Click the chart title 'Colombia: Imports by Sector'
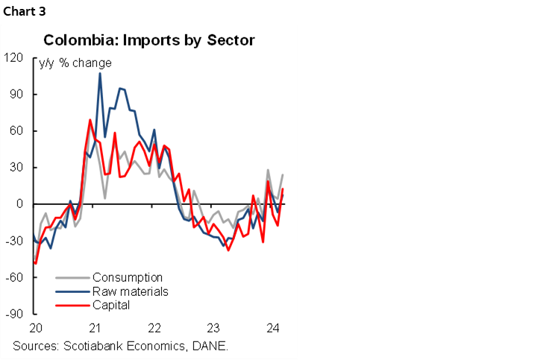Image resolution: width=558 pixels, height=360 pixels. [x=149, y=40]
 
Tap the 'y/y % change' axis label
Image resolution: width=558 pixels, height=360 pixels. [x=75, y=63]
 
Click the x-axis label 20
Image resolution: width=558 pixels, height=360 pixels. [x=36, y=328]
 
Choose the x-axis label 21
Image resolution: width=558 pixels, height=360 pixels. [x=95, y=328]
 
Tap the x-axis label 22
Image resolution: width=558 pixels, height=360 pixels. [x=154, y=328]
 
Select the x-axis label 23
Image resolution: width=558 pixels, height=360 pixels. [x=213, y=328]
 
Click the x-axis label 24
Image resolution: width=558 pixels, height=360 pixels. [x=273, y=328]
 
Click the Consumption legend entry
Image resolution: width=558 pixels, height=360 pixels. [x=127, y=278]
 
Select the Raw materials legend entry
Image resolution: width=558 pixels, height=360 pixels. [x=130, y=291]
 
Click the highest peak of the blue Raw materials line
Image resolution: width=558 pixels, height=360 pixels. [x=100, y=73]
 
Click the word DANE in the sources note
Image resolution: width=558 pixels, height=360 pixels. [x=210, y=346]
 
